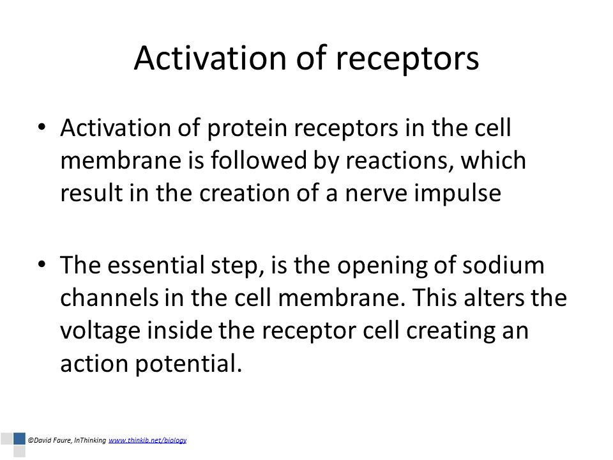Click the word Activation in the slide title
click(x=211, y=58)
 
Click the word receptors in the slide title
click(x=407, y=60)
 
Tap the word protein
click(x=247, y=129)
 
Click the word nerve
click(x=375, y=194)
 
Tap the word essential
click(x=156, y=265)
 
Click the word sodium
click(x=504, y=265)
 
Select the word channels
click(x=109, y=298)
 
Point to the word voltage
click(x=100, y=332)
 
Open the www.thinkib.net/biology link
click(x=148, y=440)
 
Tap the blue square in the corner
click(x=19, y=438)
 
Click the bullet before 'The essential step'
click(x=42, y=264)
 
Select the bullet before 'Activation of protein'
click(x=42, y=126)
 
